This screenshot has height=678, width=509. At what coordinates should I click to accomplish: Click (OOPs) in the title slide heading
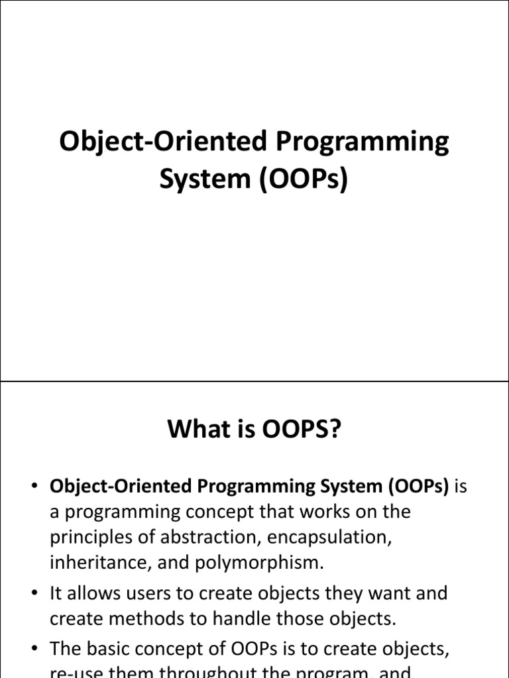click(x=300, y=180)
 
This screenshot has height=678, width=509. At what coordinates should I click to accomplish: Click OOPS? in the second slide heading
click(x=301, y=430)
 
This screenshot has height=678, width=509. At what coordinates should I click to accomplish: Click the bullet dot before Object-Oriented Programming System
click(x=34, y=487)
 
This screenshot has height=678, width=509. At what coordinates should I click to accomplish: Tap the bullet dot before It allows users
click(x=34, y=594)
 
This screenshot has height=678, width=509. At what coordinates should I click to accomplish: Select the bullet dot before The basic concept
click(x=34, y=650)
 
